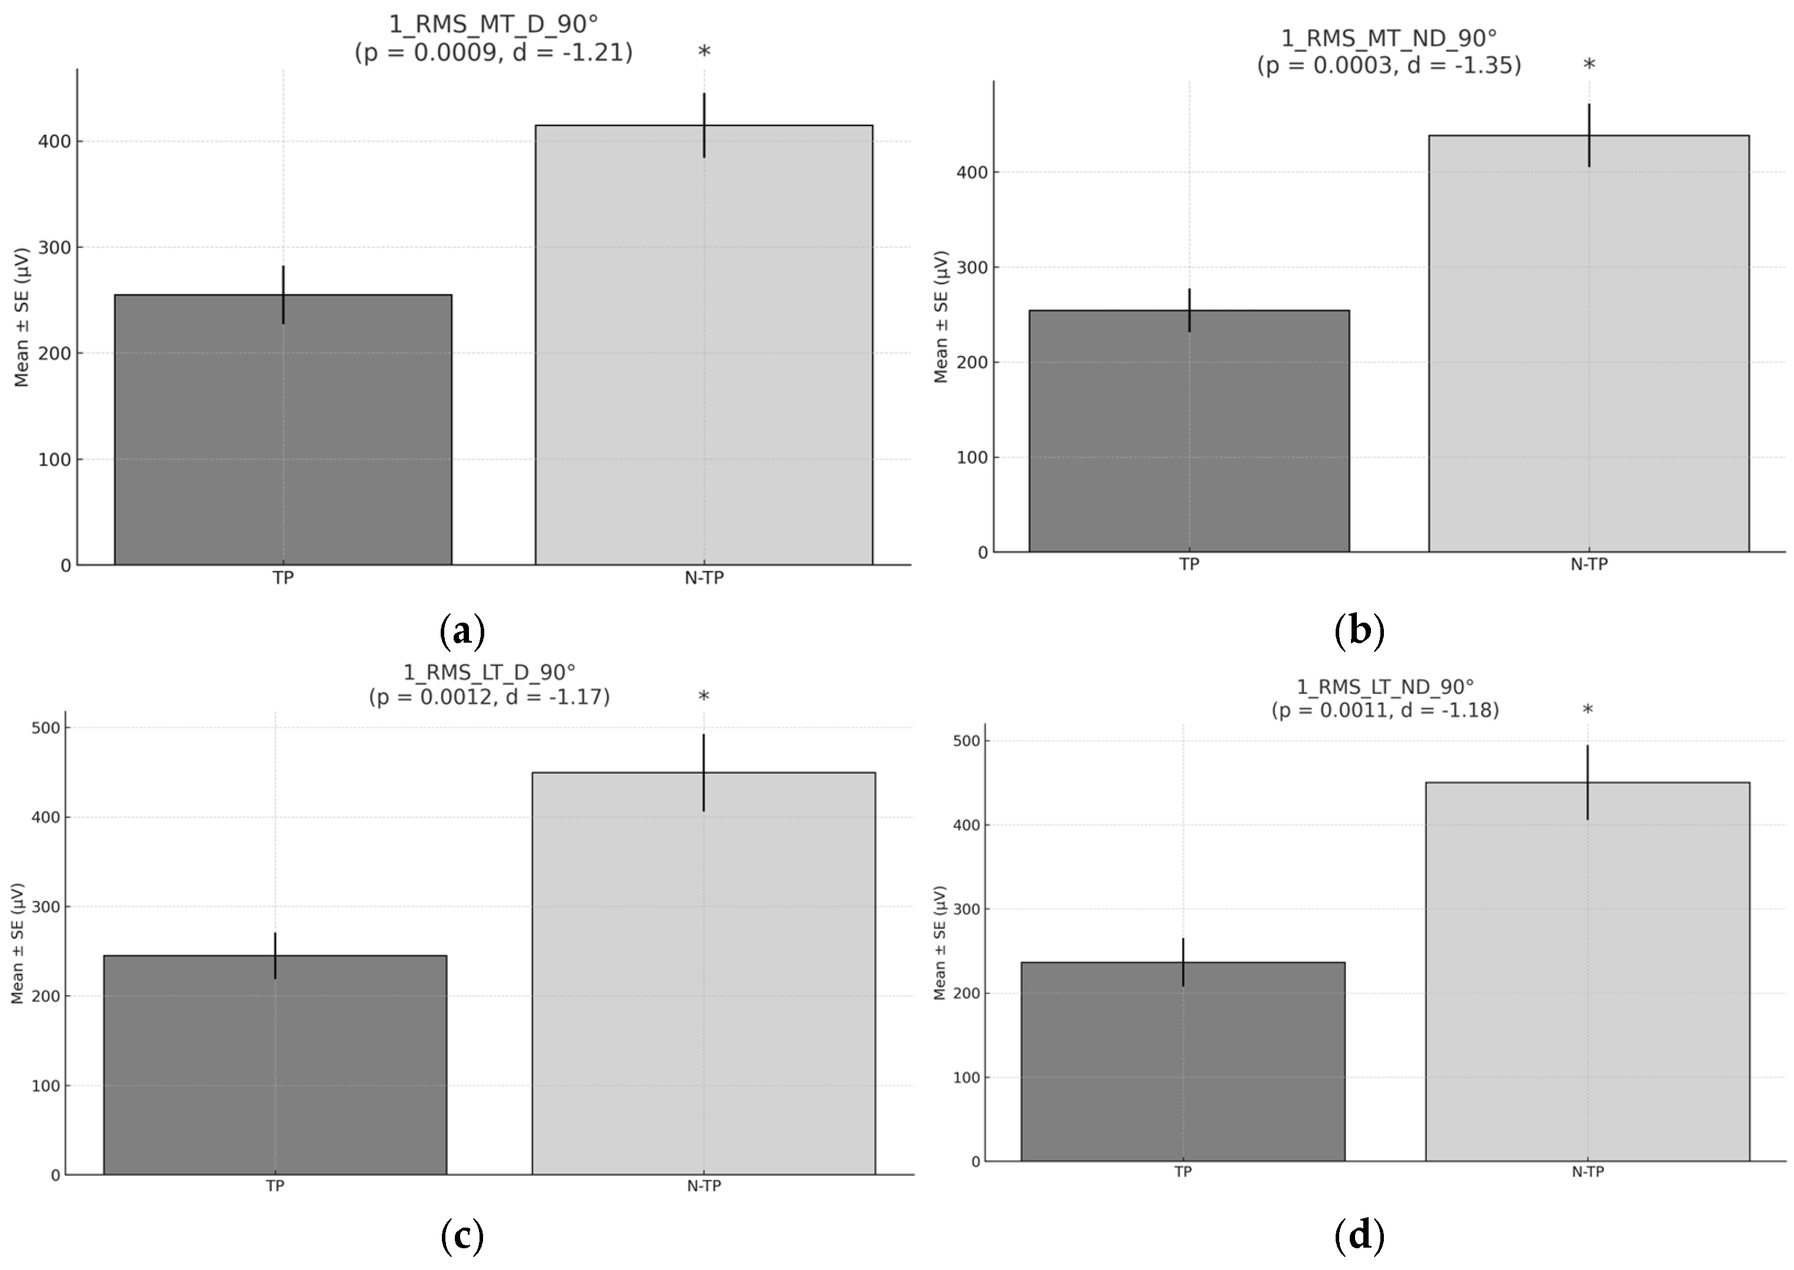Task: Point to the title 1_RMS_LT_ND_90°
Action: pyautogui.click(x=1385, y=687)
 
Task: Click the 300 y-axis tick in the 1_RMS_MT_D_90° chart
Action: pyautogui.click(x=55, y=248)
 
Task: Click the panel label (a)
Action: pyautogui.click(x=462, y=631)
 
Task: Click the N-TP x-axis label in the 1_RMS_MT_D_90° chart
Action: pyautogui.click(x=704, y=578)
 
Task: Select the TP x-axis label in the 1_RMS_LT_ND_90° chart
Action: pyautogui.click(x=1183, y=1172)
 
